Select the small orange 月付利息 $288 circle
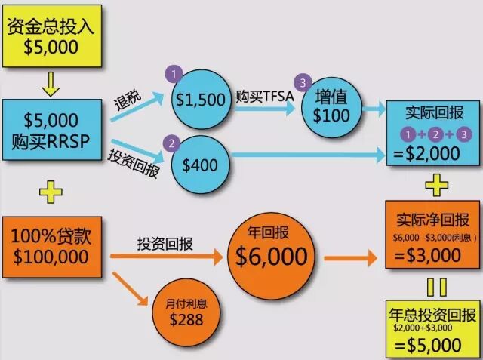pos(188,312)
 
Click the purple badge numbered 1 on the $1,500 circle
pos(174,75)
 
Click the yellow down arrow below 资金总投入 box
pos(50,81)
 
